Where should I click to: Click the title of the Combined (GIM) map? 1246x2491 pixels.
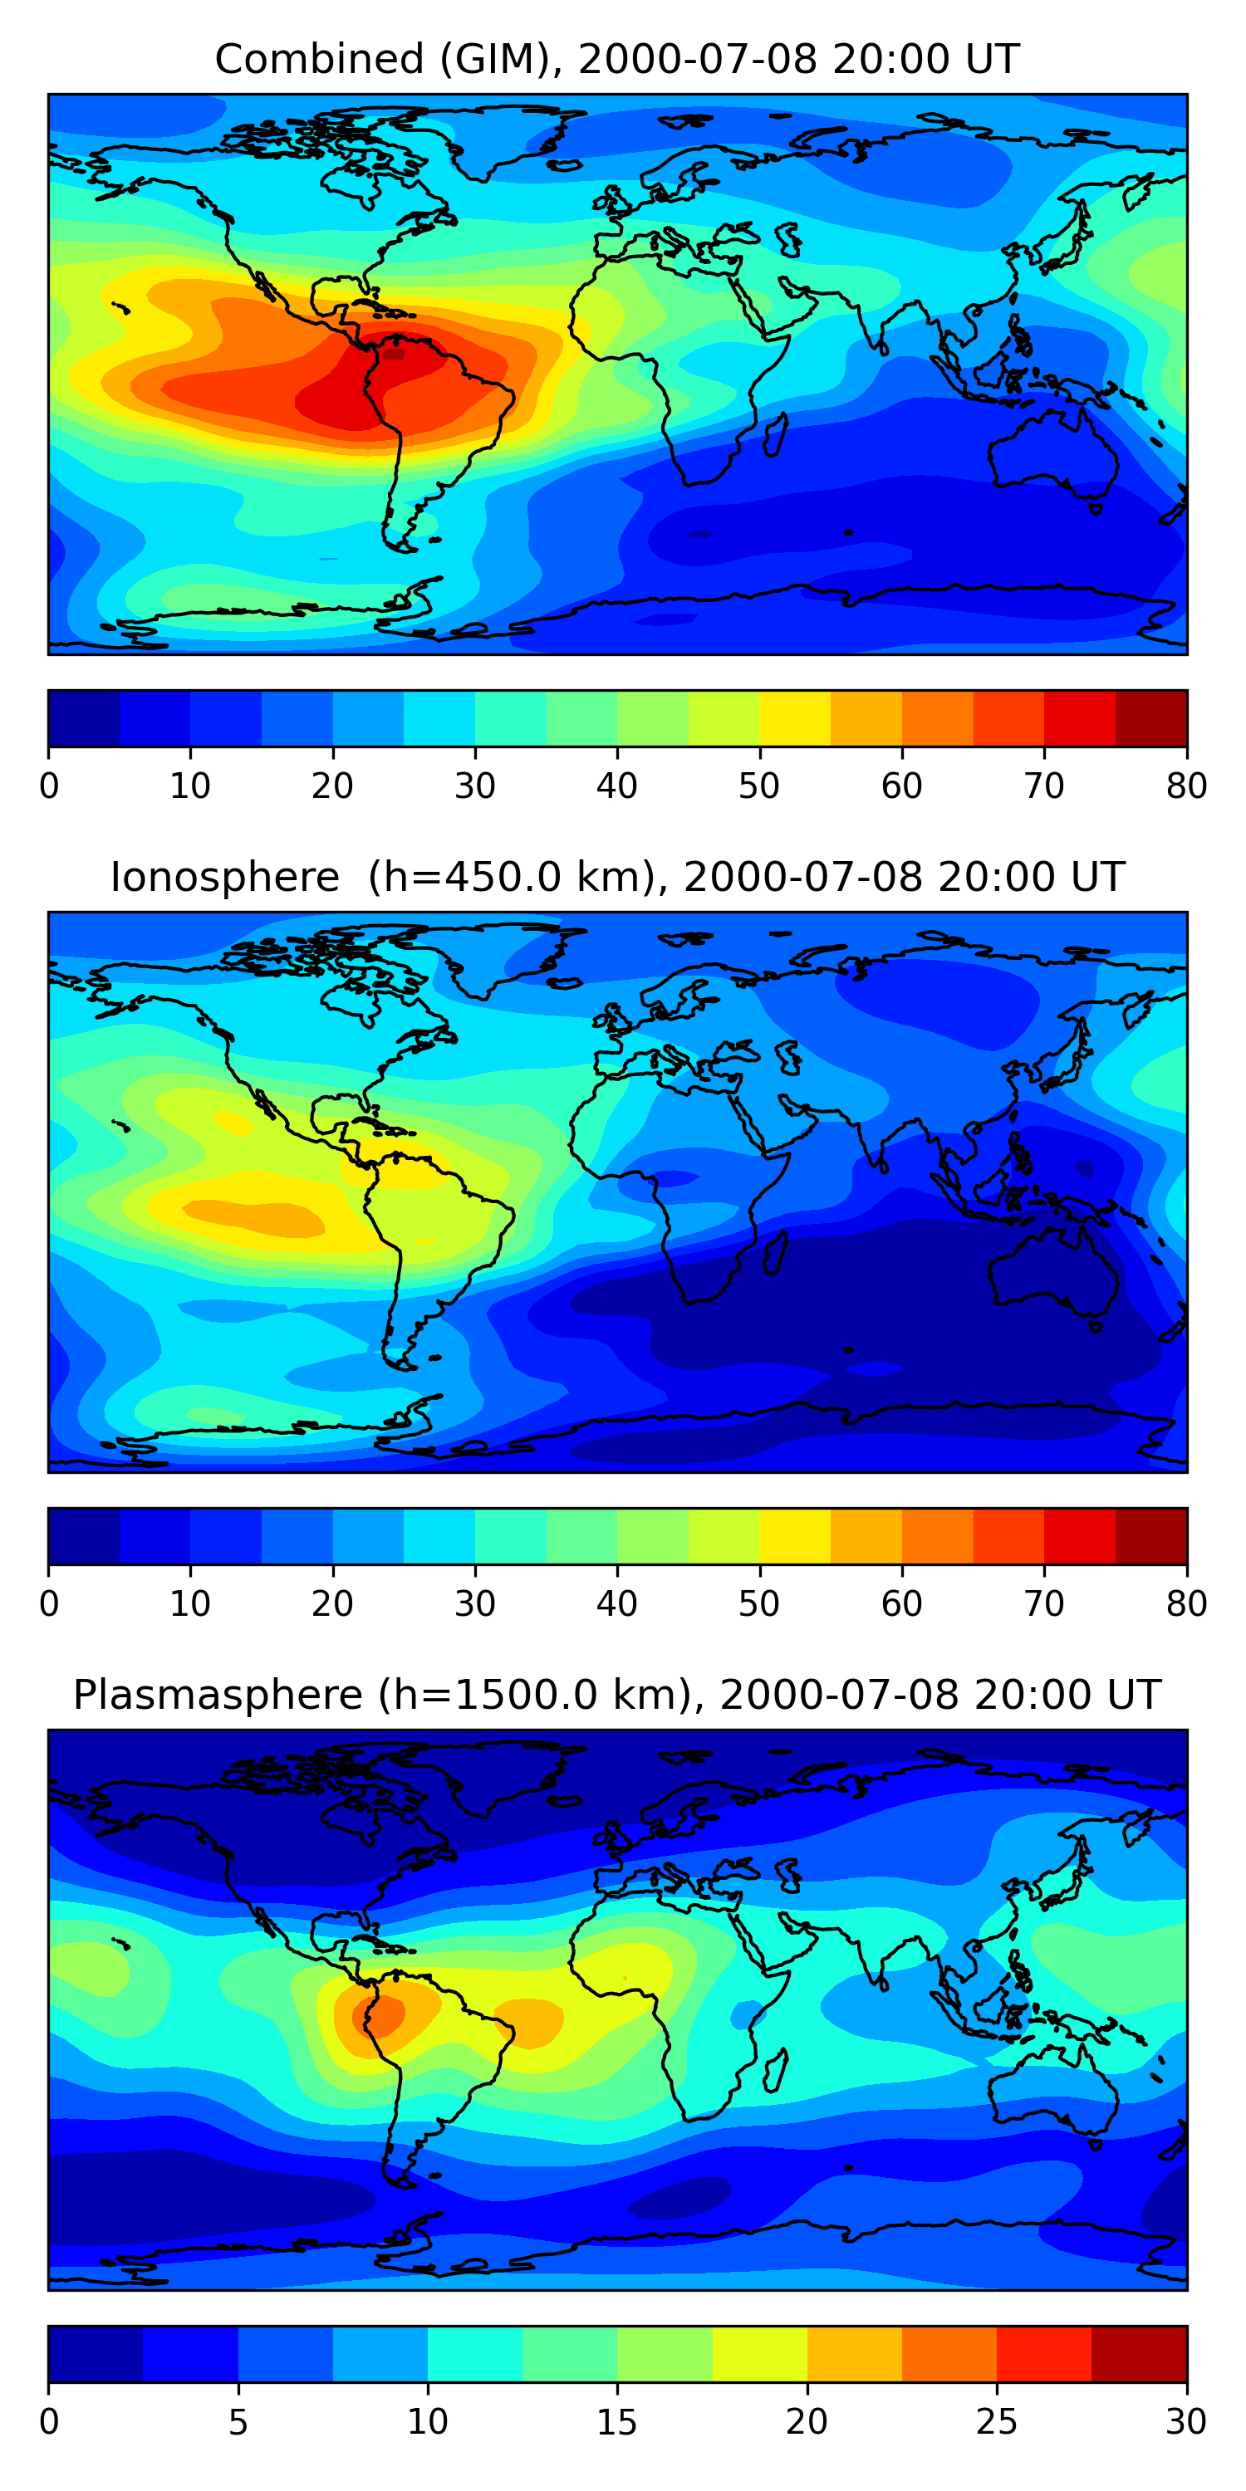click(x=616, y=59)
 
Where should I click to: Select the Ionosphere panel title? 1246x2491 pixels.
click(x=616, y=877)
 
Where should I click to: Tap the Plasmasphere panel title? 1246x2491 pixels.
click(x=616, y=1696)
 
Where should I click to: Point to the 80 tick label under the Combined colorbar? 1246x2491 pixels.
click(x=1186, y=786)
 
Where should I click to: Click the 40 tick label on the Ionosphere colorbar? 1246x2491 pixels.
click(x=616, y=1604)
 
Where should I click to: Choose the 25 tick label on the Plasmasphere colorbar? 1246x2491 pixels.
click(x=997, y=2422)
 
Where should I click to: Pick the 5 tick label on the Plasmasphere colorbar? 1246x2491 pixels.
click(x=238, y=2422)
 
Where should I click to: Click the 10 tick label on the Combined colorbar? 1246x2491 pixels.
click(x=189, y=786)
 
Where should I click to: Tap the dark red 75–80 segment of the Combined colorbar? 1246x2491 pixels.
click(x=1151, y=718)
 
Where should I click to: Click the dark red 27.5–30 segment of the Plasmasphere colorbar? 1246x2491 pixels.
click(x=1139, y=2355)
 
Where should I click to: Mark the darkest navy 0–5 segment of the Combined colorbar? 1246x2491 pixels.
click(x=83, y=718)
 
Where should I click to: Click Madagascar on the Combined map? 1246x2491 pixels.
click(x=775, y=435)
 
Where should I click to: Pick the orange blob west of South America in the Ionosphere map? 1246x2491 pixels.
click(x=257, y=1216)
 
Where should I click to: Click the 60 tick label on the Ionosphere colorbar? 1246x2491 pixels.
click(x=901, y=1604)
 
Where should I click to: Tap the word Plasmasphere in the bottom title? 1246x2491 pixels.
click(x=218, y=1696)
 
